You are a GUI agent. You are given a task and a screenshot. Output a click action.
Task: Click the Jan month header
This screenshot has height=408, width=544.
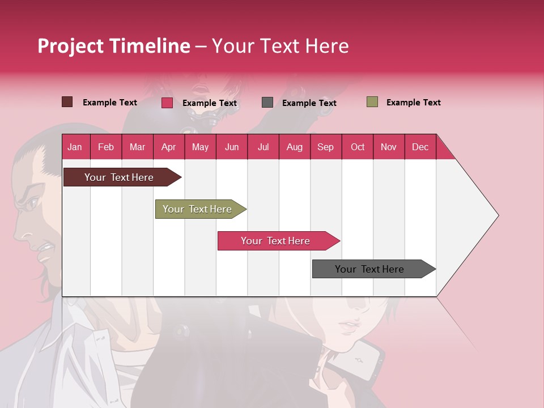75,147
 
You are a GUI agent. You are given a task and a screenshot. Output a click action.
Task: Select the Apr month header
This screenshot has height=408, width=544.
168,147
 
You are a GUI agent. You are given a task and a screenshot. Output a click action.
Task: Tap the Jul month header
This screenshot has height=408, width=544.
263,147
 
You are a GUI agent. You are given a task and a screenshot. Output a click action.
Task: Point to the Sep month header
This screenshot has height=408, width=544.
325,147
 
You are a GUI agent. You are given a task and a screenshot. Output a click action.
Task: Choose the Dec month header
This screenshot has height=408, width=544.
420,147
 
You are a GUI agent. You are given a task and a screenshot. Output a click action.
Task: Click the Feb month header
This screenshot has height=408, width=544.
106,147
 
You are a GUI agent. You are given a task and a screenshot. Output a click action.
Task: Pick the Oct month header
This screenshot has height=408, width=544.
358,147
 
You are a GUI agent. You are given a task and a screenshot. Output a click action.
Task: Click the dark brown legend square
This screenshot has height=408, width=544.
67,102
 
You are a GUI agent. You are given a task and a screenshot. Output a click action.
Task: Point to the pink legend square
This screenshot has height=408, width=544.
167,103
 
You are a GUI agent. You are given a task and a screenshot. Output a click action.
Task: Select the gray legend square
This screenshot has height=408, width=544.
267,103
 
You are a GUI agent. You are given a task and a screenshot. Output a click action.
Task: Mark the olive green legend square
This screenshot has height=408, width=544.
372,102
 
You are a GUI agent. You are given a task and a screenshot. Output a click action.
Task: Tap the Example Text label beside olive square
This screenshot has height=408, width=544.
413,103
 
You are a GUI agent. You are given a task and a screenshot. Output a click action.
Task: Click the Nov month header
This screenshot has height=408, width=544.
389,147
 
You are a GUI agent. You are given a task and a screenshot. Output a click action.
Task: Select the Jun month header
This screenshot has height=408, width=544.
232,147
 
